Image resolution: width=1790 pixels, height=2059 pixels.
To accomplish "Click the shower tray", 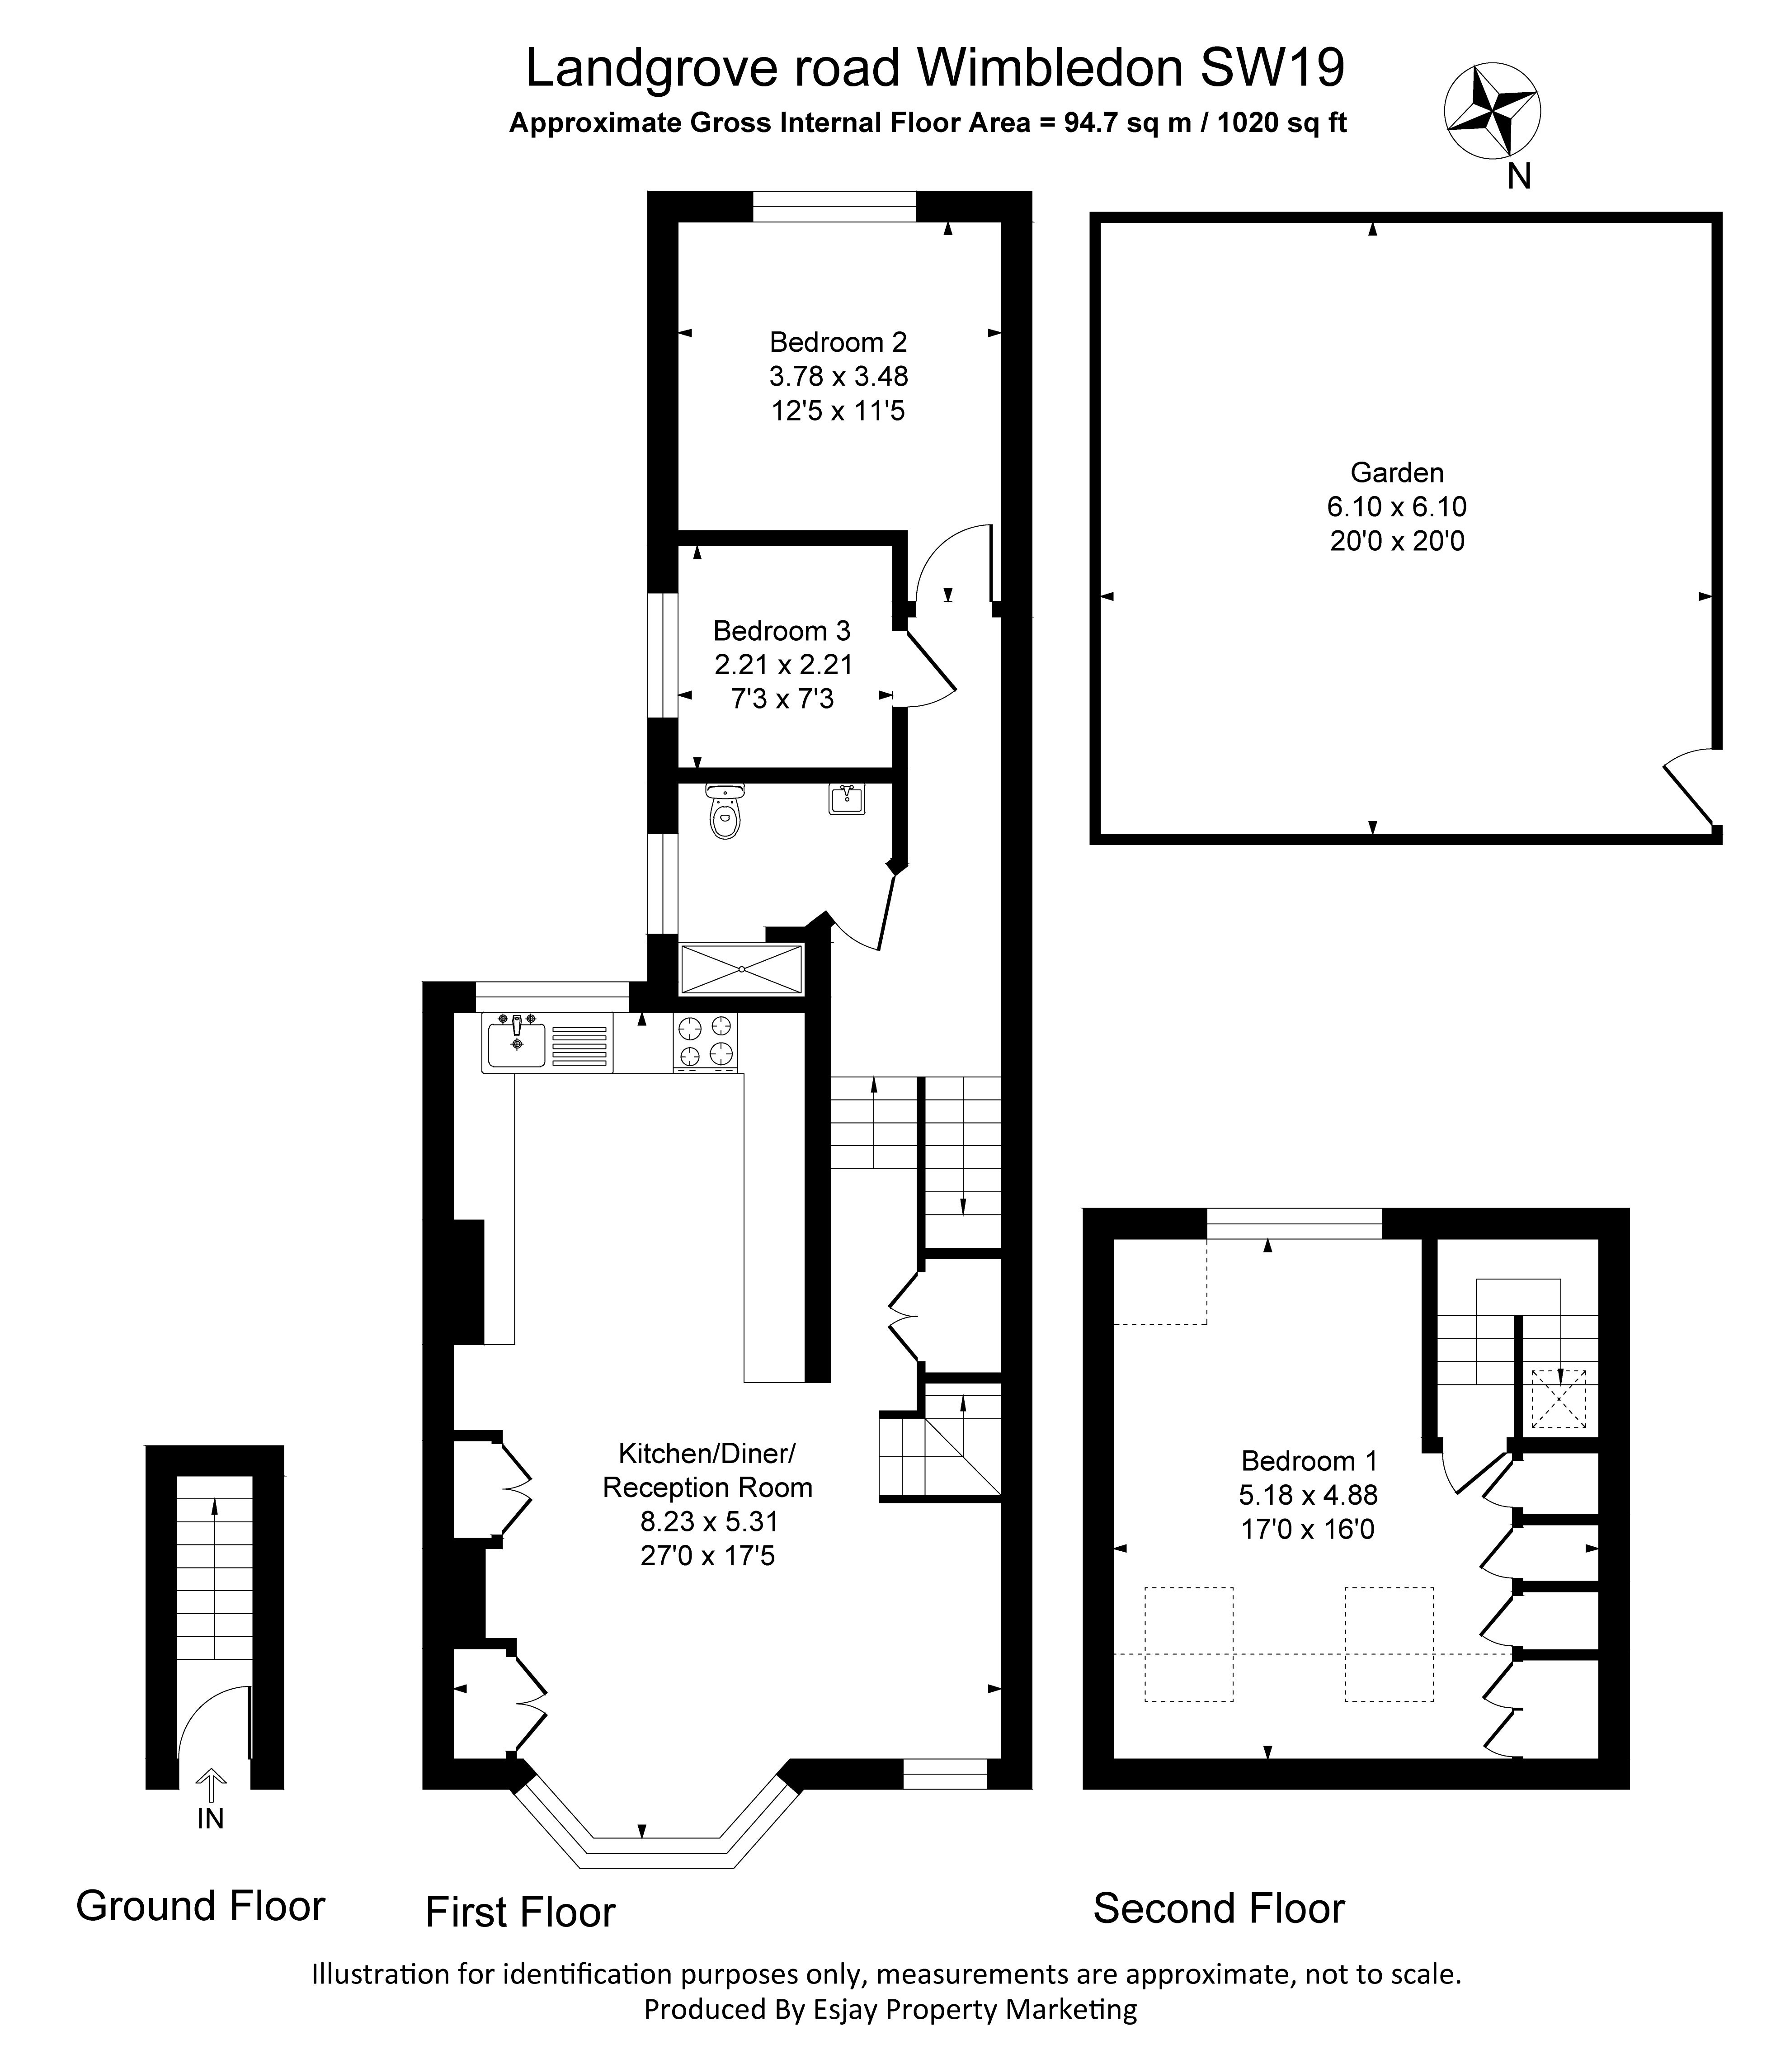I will (741, 969).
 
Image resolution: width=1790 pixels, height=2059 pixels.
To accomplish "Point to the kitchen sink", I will (516, 1042).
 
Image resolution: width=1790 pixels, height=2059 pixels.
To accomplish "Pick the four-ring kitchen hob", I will (706, 1042).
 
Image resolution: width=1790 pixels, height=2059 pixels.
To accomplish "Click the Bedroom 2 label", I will (838, 343).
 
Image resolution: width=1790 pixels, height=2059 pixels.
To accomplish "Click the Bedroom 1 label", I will (1309, 1460).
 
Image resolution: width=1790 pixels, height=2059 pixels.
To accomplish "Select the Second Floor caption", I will (1219, 1908).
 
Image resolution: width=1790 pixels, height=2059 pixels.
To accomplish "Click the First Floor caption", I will (520, 1912).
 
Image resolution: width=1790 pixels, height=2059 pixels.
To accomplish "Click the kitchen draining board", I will (579, 1042).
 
